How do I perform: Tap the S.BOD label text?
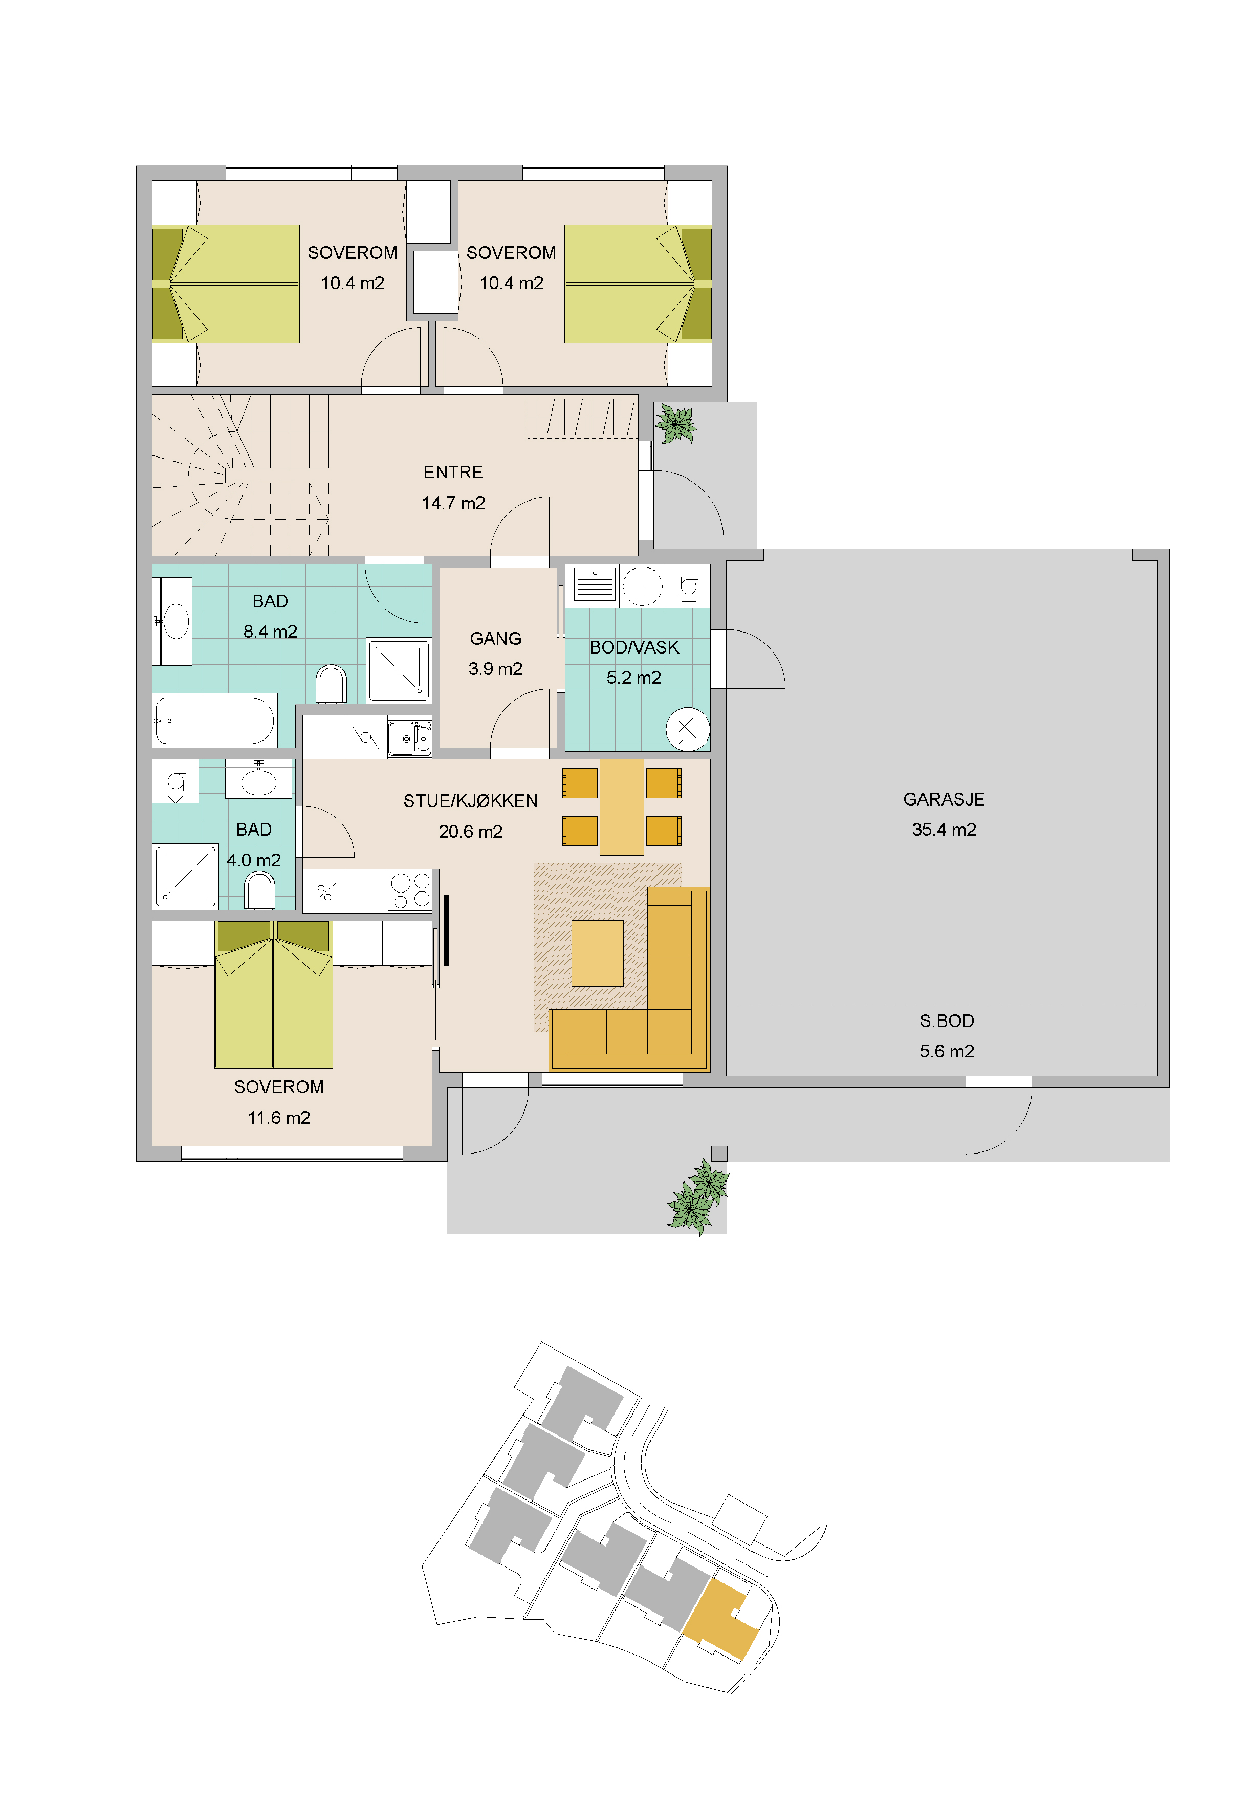click(947, 1020)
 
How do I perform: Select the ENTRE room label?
click(453, 473)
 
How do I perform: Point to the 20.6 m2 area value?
click(470, 832)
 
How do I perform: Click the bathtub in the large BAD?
click(214, 720)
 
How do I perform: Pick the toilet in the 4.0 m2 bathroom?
click(260, 890)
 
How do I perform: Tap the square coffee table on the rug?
click(597, 953)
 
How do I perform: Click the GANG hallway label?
click(495, 639)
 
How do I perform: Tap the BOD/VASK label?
click(634, 647)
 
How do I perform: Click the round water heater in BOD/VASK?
click(687, 729)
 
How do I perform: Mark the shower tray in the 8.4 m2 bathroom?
click(399, 670)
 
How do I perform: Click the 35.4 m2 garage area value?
click(944, 830)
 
